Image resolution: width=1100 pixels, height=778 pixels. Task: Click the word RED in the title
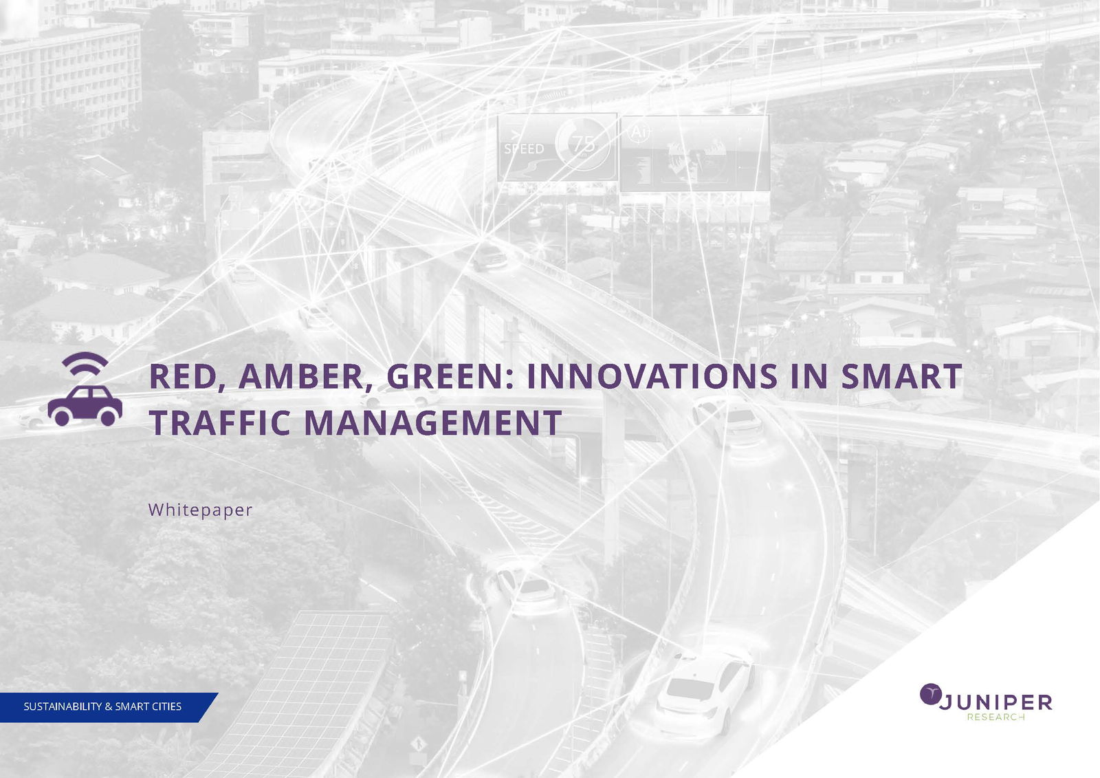[182, 377]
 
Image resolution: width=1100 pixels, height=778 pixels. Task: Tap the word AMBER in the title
[301, 377]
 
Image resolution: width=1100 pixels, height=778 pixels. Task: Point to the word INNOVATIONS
[652, 377]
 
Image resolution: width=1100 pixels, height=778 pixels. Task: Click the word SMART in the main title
[901, 377]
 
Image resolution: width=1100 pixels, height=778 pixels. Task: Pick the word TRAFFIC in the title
[220, 422]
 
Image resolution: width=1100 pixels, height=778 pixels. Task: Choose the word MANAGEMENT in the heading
[432, 422]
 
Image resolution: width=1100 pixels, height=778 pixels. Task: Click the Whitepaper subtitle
[200, 510]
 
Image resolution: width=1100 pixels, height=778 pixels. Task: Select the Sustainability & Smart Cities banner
[103, 706]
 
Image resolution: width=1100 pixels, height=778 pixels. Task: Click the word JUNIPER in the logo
[995, 702]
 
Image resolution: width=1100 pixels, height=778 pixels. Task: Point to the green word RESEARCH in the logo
[995, 717]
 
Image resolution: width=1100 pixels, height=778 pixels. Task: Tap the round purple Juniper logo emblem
[930, 694]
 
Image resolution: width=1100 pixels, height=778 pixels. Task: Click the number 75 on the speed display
[584, 144]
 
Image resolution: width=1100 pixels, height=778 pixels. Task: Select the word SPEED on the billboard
[524, 149]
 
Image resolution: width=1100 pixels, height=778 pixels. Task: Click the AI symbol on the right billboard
[638, 131]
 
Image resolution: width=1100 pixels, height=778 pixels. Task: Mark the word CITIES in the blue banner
[166, 706]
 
